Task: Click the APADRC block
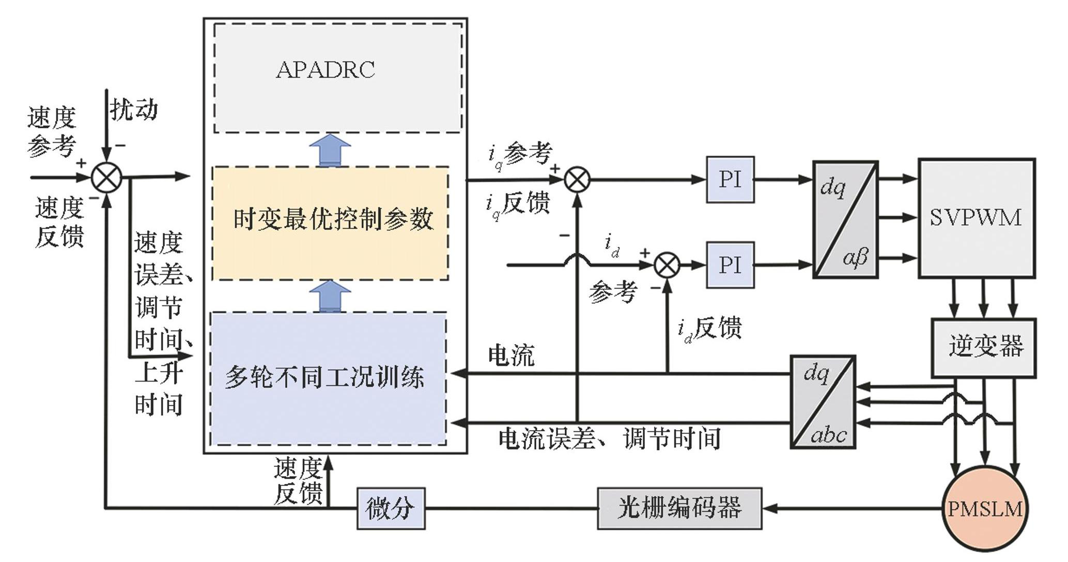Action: (x=338, y=78)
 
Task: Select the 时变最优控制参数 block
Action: (x=331, y=223)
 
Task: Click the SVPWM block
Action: (x=976, y=218)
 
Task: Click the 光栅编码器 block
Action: (x=679, y=508)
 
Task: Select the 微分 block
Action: (x=391, y=508)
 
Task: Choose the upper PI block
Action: (x=730, y=179)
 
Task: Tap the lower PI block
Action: (x=730, y=265)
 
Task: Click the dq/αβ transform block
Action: (x=845, y=220)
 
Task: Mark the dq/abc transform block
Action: (x=823, y=402)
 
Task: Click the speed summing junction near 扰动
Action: (x=106, y=177)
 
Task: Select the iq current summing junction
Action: (x=577, y=180)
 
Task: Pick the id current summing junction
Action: (x=667, y=265)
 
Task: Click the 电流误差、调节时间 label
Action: (x=609, y=439)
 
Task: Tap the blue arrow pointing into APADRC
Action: (x=330, y=150)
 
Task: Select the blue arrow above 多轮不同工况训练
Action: (x=330, y=296)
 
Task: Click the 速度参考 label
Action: (x=52, y=132)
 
